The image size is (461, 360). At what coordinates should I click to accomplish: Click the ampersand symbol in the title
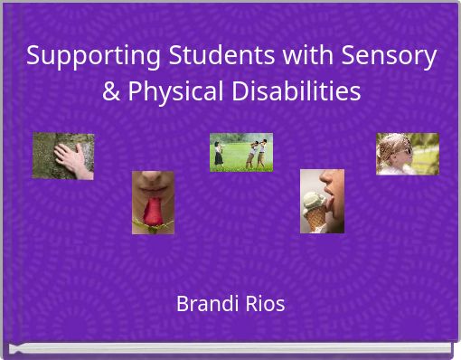(111, 91)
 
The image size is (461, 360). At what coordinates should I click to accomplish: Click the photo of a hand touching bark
(63, 156)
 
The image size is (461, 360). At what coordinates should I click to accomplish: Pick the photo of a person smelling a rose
(153, 203)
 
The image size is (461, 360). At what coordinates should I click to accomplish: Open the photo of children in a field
(241, 152)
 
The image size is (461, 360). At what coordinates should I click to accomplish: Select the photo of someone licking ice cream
(322, 201)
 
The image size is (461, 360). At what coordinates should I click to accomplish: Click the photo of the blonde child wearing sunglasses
(407, 154)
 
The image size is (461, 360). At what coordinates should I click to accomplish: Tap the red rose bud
(154, 213)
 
